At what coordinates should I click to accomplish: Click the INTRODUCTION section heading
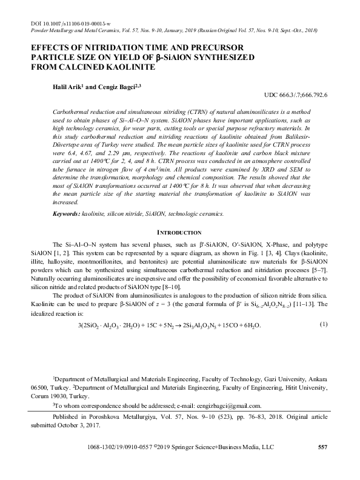179,233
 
